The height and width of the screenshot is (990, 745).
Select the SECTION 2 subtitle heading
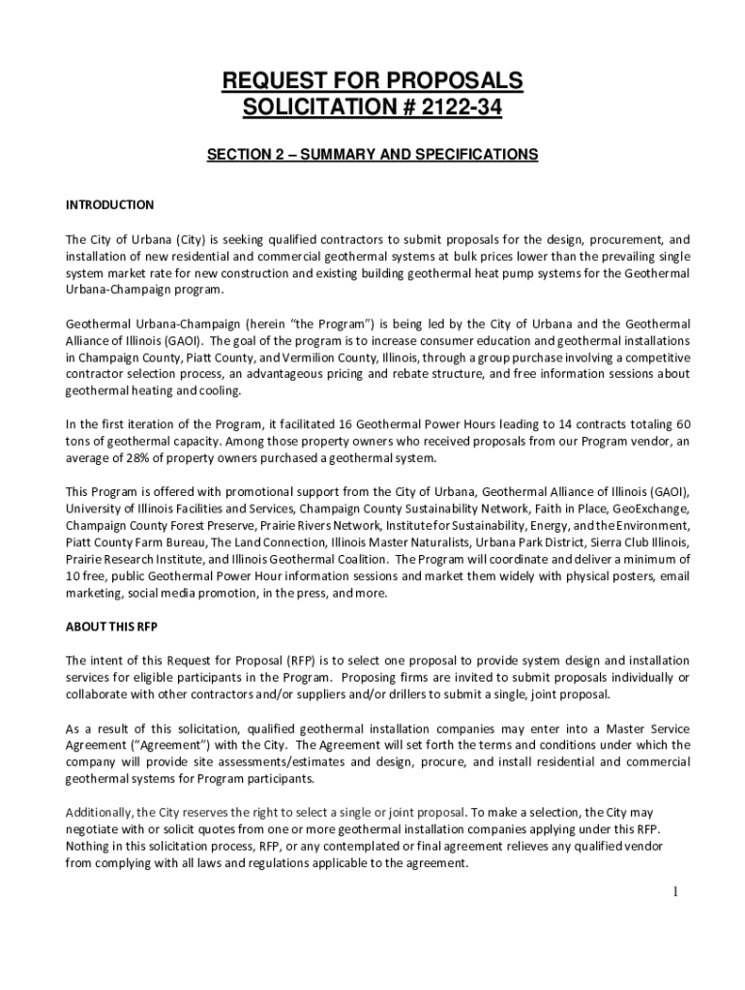coord(372,154)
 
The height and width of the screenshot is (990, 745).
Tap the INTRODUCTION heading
coord(109,205)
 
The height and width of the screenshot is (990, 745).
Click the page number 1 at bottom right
coord(677,891)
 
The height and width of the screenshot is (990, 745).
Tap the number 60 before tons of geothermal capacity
coord(682,424)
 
